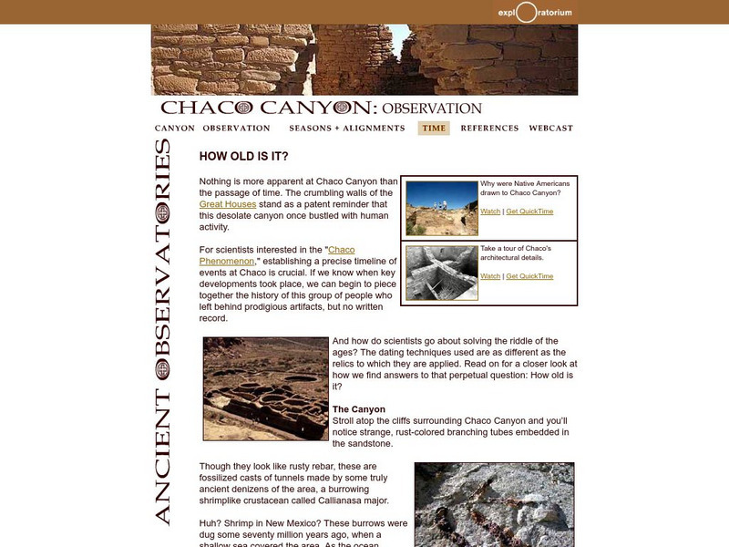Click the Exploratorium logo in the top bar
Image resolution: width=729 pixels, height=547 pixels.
pos(536,12)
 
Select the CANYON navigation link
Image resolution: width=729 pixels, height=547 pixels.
pos(175,129)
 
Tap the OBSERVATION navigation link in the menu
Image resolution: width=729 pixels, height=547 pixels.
pos(236,129)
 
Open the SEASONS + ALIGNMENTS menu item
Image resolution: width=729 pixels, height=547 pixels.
pos(347,129)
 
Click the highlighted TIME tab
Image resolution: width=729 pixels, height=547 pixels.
pos(434,129)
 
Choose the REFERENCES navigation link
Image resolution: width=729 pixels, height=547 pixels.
pos(489,129)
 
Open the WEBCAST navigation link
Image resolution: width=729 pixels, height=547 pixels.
pos(550,129)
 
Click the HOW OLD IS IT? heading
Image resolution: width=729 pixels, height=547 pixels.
pos(243,157)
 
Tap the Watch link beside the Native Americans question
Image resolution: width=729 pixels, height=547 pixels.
pos(490,212)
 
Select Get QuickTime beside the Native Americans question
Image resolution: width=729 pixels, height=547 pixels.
pos(529,212)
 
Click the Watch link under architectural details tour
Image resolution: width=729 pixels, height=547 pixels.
pos(490,276)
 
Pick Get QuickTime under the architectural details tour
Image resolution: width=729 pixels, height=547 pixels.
pos(529,276)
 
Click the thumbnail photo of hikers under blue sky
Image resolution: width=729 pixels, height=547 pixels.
pos(442,209)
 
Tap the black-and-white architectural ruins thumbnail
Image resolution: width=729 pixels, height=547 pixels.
pos(442,273)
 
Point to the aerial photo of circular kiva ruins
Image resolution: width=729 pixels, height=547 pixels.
pos(265,389)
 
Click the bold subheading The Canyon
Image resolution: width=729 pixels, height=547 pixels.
pos(359,409)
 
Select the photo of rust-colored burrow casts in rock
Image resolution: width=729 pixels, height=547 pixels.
pos(494,504)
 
